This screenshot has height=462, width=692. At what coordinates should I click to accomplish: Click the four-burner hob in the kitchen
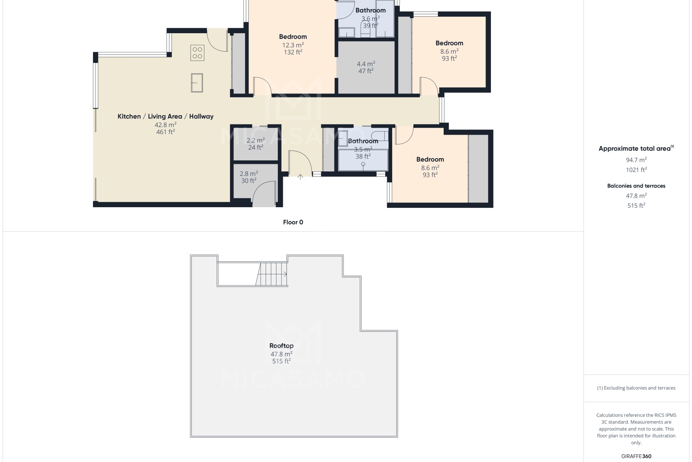[197, 53]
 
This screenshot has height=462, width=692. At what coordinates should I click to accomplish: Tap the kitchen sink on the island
[197, 83]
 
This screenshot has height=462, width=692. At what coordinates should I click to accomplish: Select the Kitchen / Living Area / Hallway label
[165, 116]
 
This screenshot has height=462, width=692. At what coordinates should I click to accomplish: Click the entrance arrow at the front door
[300, 176]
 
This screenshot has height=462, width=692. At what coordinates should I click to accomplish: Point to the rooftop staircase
[271, 274]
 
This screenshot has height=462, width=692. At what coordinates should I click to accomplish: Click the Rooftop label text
[281, 346]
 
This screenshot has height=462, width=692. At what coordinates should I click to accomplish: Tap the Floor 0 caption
[293, 222]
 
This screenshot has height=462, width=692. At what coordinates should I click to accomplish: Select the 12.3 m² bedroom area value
[293, 45]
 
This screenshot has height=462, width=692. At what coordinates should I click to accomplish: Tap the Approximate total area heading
[636, 148]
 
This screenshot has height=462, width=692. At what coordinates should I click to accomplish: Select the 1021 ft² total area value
[636, 170]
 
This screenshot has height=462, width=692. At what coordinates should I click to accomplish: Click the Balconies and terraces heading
[636, 186]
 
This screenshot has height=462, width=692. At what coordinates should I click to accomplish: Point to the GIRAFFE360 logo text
[636, 456]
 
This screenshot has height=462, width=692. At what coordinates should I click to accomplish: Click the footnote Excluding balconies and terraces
[636, 388]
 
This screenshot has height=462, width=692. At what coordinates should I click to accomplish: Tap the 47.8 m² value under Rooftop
[281, 354]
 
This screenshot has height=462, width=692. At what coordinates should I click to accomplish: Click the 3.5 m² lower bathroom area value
[363, 149]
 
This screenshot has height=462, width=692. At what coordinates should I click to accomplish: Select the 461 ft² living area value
[165, 132]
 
